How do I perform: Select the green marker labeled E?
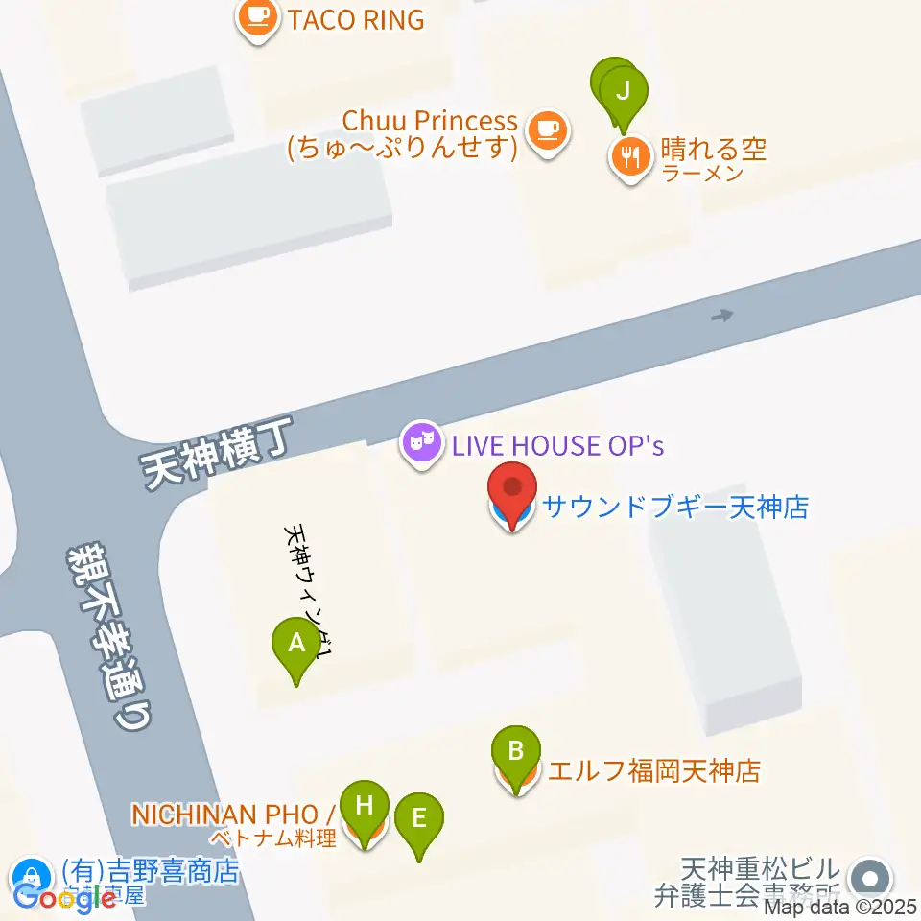[419, 819]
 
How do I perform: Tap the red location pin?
[512, 489]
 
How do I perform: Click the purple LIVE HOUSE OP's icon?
[421, 444]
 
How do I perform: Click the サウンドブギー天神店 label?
[675, 507]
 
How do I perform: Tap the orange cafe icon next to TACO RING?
[257, 16]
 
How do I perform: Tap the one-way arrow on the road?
[722, 315]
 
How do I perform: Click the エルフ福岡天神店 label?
[654, 770]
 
